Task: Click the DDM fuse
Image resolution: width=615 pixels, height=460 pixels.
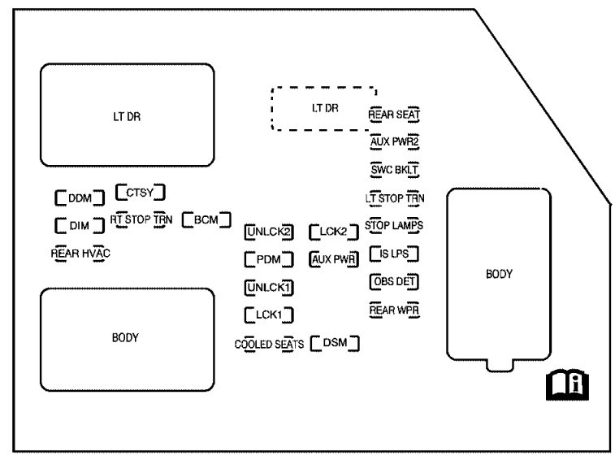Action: tap(80, 197)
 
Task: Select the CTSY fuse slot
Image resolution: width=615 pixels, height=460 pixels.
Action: tap(141, 192)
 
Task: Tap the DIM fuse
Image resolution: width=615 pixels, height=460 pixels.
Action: tap(80, 225)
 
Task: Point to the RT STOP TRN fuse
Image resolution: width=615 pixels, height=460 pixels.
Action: tap(141, 219)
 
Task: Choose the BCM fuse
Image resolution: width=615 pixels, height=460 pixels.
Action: tap(206, 219)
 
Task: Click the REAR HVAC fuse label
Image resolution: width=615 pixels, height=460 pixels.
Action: tap(80, 253)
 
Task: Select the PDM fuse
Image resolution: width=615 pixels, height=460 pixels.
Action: tap(268, 260)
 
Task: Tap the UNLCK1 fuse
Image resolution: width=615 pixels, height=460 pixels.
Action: tap(268, 287)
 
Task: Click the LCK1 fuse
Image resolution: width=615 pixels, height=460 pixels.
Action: tap(268, 314)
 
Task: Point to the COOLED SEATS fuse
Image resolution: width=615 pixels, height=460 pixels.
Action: tap(268, 343)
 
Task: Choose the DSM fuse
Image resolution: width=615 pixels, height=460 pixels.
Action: tap(335, 342)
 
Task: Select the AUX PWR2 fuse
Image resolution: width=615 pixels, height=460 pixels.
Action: tap(394, 142)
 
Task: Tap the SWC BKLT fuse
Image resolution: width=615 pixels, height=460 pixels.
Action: tap(394, 170)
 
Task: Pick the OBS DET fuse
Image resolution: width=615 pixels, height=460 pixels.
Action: tap(394, 281)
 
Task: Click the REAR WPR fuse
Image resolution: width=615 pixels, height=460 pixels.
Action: tap(394, 310)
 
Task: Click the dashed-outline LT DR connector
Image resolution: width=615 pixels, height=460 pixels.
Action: tap(324, 108)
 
